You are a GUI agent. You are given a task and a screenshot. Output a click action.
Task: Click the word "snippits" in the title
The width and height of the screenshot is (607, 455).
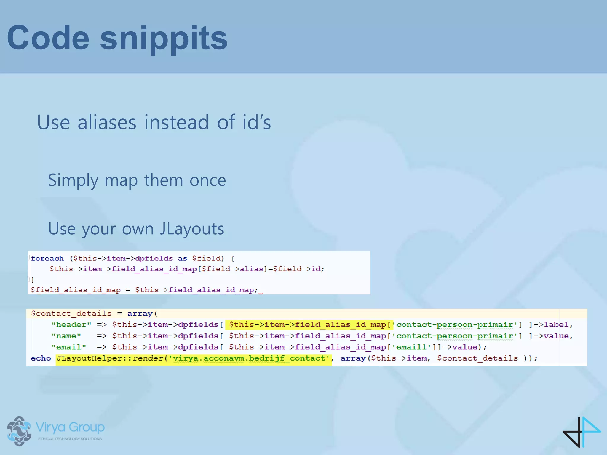pyautogui.click(x=164, y=38)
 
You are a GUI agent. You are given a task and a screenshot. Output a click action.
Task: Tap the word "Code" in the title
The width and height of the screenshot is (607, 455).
pyautogui.click(x=48, y=38)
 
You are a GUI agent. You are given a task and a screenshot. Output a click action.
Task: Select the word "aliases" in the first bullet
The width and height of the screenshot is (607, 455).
pyautogui.click(x=107, y=122)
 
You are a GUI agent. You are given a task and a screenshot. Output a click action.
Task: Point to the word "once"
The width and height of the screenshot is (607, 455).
pyautogui.click(x=207, y=180)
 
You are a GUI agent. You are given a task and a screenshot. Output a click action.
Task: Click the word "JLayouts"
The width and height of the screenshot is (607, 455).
pyautogui.click(x=192, y=229)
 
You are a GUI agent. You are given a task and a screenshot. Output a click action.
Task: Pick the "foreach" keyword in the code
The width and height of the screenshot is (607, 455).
pyautogui.click(x=47, y=258)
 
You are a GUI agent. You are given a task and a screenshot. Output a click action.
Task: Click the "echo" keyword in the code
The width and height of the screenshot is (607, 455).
pyautogui.click(x=41, y=358)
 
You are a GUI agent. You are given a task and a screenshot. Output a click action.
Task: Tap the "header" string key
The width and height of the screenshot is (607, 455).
pyautogui.click(x=71, y=325)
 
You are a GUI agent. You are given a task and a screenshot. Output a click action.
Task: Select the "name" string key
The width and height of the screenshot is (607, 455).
pyautogui.click(x=66, y=336)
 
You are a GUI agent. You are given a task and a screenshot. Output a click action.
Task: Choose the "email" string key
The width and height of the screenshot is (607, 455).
pyautogui.click(x=69, y=347)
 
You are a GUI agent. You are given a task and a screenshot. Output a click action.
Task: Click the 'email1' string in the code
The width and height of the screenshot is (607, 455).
pyautogui.click(x=411, y=347)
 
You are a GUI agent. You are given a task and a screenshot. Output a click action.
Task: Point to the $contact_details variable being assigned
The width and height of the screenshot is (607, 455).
pyautogui.click(x=71, y=313)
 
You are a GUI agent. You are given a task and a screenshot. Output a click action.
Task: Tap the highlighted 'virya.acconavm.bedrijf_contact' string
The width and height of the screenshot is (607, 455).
pyautogui.click(x=249, y=358)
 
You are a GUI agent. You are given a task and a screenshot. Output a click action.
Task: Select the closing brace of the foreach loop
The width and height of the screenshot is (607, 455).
pyautogui.click(x=33, y=279)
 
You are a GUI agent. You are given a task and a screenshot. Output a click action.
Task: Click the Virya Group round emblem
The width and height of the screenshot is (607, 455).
pyautogui.click(x=19, y=431)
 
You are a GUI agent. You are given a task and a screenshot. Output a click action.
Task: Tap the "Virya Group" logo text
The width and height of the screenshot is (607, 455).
pyautogui.click(x=70, y=427)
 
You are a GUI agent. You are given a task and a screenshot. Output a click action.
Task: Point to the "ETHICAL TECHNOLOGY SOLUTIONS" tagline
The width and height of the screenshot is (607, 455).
pyautogui.click(x=70, y=439)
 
